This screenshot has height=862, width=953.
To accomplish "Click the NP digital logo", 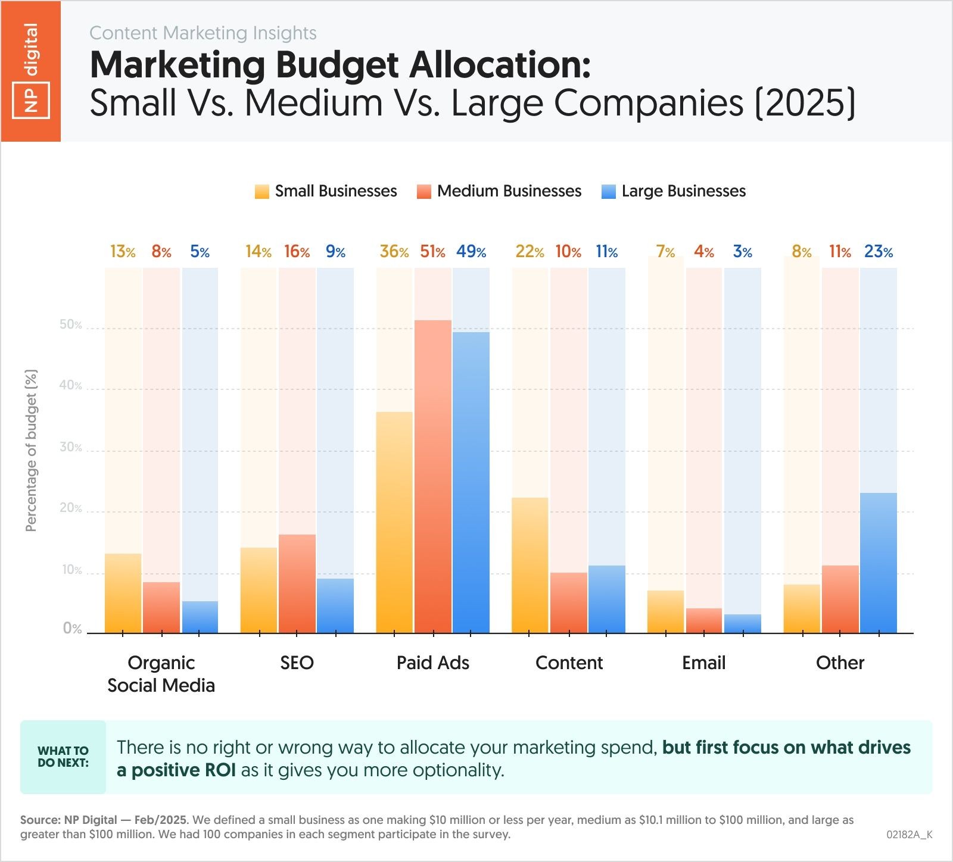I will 30,71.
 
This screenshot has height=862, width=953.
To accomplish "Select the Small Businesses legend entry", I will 326,191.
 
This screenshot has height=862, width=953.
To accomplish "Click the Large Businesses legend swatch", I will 608,192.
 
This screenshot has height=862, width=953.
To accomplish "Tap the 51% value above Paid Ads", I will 432,252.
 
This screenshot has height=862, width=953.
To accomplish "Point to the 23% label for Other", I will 878,252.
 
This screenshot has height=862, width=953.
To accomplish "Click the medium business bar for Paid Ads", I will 433,476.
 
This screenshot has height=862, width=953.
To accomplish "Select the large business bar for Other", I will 878,563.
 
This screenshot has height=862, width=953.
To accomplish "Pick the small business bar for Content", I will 530,566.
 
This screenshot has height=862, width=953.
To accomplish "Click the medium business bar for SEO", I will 297,583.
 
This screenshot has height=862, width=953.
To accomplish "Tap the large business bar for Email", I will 743,623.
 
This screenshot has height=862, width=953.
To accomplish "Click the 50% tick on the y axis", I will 71,325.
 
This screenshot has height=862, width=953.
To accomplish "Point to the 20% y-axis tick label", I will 71,508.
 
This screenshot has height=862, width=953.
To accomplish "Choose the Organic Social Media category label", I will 161,674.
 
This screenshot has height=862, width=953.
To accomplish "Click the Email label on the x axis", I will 703,663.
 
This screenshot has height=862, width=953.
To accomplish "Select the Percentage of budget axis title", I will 31,450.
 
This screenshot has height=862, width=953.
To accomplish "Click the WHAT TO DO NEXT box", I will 63,757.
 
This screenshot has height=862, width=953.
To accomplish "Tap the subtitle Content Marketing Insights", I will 203,33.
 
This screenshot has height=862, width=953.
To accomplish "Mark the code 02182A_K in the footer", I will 909,835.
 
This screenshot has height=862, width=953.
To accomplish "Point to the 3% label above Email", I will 742,252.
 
